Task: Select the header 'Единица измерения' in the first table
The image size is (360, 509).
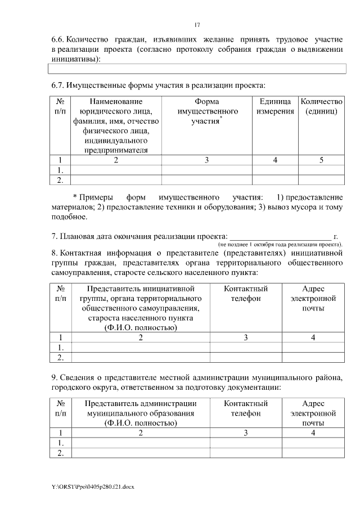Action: tap(275, 107)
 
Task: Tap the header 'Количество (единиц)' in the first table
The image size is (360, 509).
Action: tap(321, 107)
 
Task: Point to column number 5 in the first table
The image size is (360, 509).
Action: tap(321, 160)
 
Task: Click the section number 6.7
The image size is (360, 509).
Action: tap(57, 85)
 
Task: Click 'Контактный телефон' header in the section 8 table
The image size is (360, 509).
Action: tap(246, 294)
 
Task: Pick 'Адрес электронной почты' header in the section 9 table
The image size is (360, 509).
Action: tap(313, 413)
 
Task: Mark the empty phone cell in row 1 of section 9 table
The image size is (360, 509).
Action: tap(246, 443)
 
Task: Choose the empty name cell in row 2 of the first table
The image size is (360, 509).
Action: tap(116, 180)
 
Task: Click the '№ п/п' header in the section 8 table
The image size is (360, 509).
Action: tap(61, 294)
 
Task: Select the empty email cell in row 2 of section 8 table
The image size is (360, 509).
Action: tap(313, 357)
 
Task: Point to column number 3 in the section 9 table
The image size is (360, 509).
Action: tap(246, 433)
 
